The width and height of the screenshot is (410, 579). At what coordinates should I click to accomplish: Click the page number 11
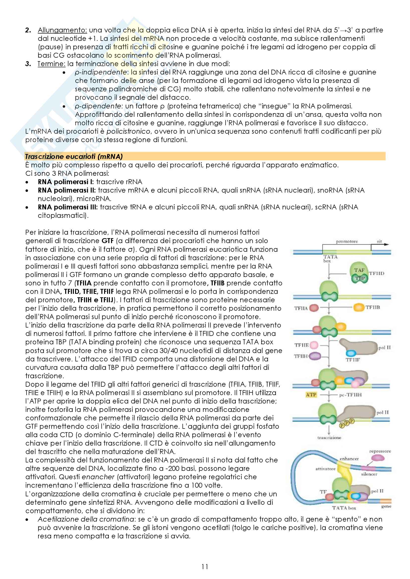pos(205,567)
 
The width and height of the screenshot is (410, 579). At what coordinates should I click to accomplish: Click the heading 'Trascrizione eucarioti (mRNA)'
pos(74,157)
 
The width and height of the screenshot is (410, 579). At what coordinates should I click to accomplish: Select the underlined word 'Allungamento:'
pos(62,30)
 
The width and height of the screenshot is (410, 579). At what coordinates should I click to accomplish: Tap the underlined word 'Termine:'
pos(52,64)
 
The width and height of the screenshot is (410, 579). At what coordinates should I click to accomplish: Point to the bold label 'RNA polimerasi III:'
pos(68,207)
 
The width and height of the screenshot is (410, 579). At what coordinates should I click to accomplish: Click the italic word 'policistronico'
pos(128,131)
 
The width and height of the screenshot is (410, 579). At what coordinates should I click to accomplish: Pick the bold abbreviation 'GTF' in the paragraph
pos(108,241)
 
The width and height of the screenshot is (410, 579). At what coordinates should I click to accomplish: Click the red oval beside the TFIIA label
pos(314,308)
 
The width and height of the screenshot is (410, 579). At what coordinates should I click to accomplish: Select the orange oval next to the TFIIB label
pos(358,307)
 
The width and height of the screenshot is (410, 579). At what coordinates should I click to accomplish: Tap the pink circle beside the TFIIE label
pos(314,345)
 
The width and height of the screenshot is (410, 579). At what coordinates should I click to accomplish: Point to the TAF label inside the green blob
pos(359,270)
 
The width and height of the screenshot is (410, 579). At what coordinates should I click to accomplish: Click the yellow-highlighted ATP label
pos(311,395)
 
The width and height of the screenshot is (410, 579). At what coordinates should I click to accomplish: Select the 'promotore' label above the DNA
pos(347,241)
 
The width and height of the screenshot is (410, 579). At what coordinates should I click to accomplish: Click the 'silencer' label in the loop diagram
pos(369,474)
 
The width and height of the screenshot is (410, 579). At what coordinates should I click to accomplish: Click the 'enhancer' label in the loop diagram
pos(349,459)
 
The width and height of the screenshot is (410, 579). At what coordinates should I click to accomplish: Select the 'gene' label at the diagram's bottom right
pos(386,506)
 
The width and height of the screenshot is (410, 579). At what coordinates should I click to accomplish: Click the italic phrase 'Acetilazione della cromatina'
pos(86,519)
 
